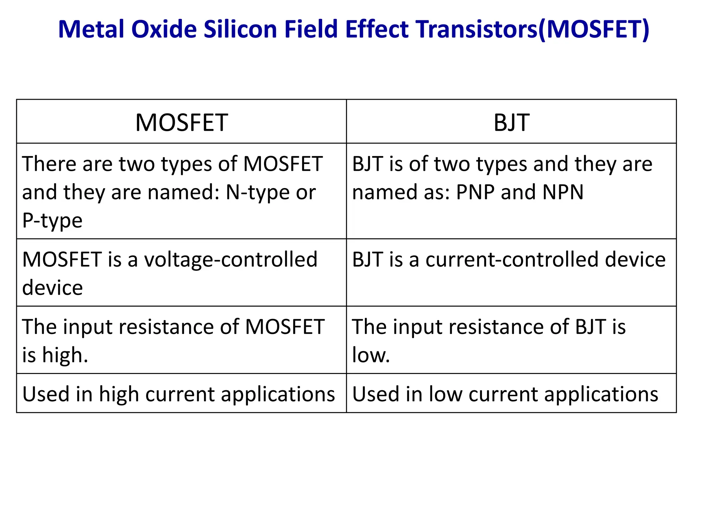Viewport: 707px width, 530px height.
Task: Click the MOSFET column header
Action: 181,122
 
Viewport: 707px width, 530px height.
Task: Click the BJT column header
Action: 511,122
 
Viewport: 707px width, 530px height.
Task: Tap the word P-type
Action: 52,220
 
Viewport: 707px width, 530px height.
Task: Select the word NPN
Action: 563,192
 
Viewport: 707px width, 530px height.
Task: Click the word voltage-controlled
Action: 230,259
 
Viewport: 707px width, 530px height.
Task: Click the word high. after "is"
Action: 65,355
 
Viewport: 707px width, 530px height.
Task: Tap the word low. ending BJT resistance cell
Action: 371,355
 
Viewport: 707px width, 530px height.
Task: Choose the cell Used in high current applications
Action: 178,394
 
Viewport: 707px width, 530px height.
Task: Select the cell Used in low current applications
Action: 505,394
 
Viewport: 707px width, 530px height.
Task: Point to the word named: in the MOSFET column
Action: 183,192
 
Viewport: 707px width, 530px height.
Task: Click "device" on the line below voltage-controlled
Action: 52,288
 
